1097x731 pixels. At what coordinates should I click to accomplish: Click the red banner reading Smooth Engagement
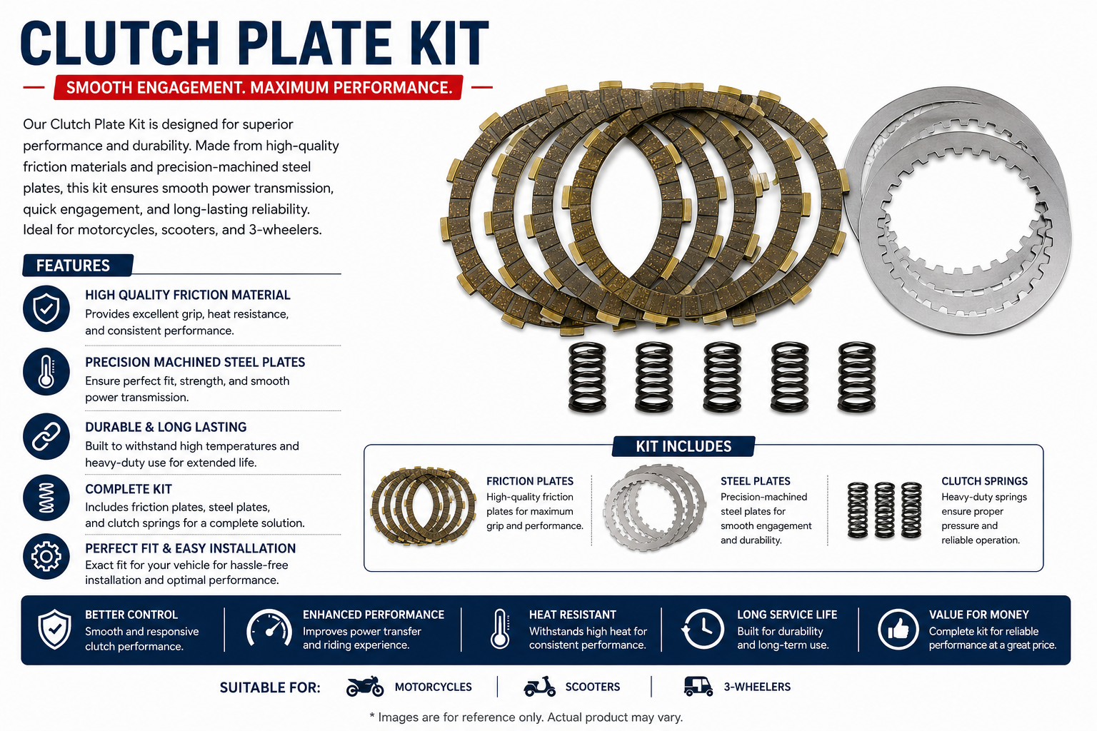click(258, 87)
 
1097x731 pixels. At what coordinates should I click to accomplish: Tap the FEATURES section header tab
click(78, 266)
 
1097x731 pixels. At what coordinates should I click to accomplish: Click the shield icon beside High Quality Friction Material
click(46, 308)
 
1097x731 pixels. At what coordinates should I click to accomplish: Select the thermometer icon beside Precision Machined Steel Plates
click(46, 372)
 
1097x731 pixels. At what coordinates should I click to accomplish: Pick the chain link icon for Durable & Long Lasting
click(46, 436)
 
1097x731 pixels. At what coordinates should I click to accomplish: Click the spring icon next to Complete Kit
click(46, 498)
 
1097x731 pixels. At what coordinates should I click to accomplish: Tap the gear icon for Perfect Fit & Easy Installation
click(46, 556)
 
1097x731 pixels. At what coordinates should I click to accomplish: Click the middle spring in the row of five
click(722, 376)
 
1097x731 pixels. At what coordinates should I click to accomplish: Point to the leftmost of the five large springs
click(587, 376)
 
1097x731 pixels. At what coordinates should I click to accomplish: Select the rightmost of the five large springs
click(856, 376)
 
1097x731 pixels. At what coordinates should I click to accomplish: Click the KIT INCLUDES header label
click(683, 446)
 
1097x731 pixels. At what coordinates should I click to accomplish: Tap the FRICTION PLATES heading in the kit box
click(530, 481)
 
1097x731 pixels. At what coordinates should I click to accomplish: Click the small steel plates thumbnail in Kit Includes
click(654, 508)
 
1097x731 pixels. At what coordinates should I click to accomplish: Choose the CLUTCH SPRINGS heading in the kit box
click(984, 481)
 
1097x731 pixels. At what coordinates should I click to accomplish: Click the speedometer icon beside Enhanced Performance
click(269, 629)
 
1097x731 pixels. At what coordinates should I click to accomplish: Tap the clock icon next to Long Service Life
click(703, 629)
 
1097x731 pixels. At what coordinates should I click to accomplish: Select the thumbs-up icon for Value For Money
click(898, 629)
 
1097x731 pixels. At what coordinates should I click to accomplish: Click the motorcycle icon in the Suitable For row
click(365, 687)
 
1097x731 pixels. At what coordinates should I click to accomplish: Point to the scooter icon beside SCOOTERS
click(540, 687)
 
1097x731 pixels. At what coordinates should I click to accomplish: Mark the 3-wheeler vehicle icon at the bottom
click(698, 687)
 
